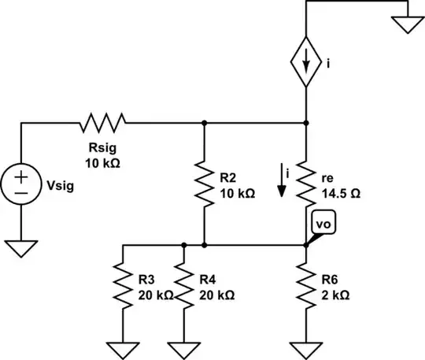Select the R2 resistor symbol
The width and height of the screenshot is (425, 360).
(x=204, y=184)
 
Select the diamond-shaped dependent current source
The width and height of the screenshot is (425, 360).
(x=305, y=61)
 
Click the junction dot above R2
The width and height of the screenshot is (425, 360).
(x=204, y=123)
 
